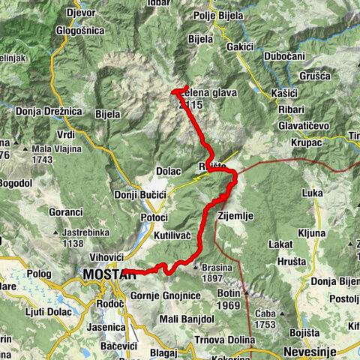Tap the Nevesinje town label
pyautogui.click(x=308, y=351)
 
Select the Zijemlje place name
pyautogui.click(x=236, y=215)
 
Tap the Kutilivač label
pyautogui.click(x=174, y=236)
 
